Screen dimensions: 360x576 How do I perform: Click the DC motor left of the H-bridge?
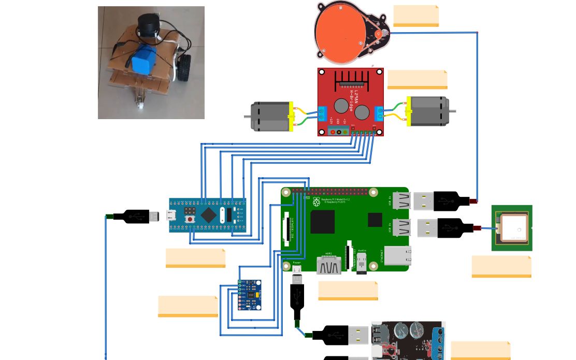pyautogui.click(x=269, y=116)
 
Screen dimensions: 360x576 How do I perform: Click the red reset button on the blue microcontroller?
pyautogui.click(x=192, y=220)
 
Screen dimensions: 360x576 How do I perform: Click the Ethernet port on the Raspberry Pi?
pyautogui.click(x=397, y=256)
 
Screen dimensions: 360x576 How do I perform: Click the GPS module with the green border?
pyautogui.click(x=512, y=228)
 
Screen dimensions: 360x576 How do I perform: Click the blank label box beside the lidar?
pyautogui.click(x=416, y=16)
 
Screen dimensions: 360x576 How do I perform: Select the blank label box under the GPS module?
pyautogui.click(x=501, y=266)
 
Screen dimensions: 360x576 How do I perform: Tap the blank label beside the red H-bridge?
pyautogui.click(x=417, y=79)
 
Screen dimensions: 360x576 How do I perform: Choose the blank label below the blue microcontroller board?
pyautogui.click(x=195, y=258)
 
